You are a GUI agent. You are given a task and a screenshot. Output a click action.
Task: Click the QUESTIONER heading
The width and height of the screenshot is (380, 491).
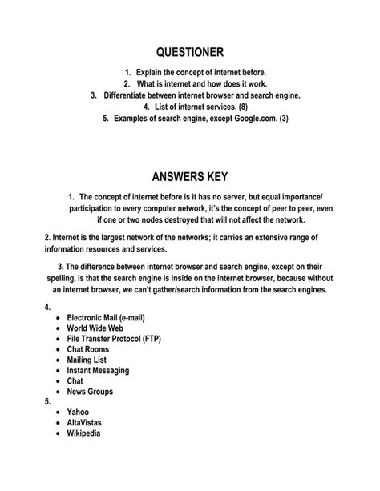(x=190, y=52)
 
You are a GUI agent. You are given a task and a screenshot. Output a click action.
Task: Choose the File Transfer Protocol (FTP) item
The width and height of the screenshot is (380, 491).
(x=115, y=342)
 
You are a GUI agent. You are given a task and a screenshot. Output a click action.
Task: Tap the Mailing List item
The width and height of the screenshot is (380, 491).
(x=88, y=367)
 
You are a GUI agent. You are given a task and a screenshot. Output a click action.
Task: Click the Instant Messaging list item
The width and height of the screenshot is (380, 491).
(x=100, y=379)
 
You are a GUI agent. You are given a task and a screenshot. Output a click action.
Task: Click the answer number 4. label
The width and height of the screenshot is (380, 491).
(x=48, y=306)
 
